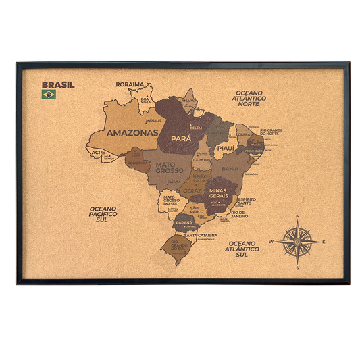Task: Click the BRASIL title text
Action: [58, 85]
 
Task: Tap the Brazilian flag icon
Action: [49, 95]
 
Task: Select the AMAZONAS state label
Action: [133, 133]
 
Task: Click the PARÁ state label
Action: [182, 138]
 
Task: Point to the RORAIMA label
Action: [130, 84]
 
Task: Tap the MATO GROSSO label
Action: [170, 167]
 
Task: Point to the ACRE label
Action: [99, 153]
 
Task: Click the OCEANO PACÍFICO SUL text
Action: [103, 214]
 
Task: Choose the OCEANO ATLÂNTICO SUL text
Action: [243, 248]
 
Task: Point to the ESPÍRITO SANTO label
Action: [247, 201]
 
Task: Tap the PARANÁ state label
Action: [184, 222]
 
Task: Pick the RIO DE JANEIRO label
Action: [240, 215]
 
